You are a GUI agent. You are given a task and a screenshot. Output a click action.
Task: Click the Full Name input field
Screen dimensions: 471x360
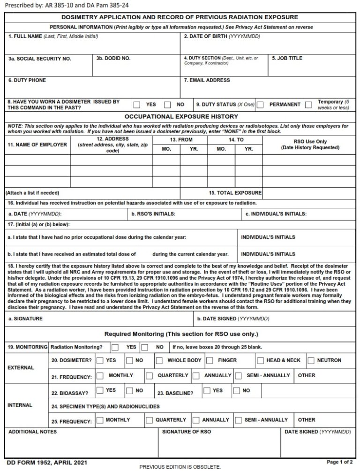(92, 46)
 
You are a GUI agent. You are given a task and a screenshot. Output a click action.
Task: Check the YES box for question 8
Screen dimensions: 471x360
(137, 105)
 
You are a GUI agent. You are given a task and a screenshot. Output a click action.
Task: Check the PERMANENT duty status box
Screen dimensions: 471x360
(260, 105)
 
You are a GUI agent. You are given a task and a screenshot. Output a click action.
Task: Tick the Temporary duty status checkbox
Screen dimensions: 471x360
(308, 105)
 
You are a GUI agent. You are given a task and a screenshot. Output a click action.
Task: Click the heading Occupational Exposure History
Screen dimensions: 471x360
(181, 116)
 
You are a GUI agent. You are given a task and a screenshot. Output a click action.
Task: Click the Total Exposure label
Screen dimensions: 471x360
(235, 193)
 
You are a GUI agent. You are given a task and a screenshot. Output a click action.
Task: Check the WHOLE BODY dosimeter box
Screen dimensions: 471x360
(159, 361)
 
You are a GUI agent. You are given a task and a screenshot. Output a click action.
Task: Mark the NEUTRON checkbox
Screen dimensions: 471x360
(311, 361)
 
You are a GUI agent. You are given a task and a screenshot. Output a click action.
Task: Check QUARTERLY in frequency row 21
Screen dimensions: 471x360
(149, 376)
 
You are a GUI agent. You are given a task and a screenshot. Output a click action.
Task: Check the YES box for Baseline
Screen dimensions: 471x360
(206, 390)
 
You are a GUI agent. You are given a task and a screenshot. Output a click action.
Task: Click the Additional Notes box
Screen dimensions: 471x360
(81, 443)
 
